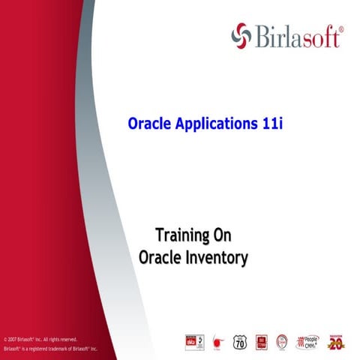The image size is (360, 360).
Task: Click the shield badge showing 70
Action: pos(240,341)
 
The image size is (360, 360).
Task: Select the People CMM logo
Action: pos(309,341)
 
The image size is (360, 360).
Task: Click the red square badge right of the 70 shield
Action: pos(262,341)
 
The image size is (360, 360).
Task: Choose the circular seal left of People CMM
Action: pos(282,341)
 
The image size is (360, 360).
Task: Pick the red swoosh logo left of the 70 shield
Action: pos(217,342)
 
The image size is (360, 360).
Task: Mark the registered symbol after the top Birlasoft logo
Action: pos(342,28)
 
